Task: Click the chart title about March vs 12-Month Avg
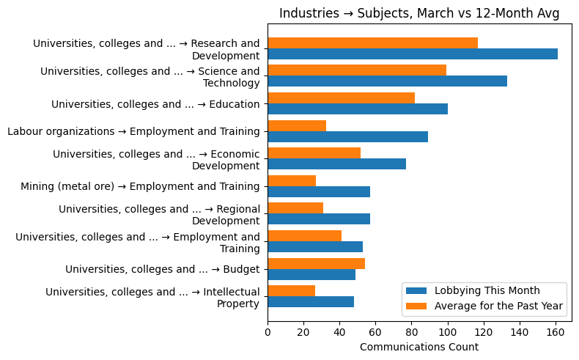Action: point(419,13)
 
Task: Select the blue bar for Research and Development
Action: point(412,54)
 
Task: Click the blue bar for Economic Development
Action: point(336,164)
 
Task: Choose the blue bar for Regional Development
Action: point(319,219)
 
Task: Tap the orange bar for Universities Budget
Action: point(316,263)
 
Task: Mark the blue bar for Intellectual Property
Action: point(311,301)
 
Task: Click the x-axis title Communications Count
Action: point(419,347)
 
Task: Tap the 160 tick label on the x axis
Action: point(555,332)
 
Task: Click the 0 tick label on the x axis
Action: point(268,332)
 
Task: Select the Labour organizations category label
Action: point(133,131)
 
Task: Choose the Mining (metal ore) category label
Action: point(140,186)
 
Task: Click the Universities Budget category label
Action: point(162,269)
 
